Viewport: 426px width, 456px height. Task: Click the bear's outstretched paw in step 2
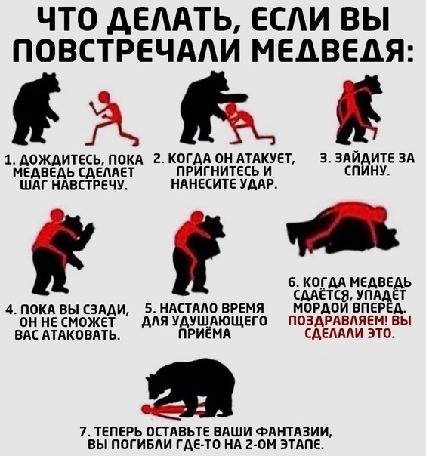236,97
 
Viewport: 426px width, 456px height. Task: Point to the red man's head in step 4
56,216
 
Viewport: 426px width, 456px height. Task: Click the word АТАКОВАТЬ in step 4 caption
81,335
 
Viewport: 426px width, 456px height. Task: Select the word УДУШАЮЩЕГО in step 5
219,321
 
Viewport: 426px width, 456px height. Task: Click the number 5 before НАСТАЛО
148,308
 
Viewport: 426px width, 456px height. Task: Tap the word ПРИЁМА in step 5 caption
205,334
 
